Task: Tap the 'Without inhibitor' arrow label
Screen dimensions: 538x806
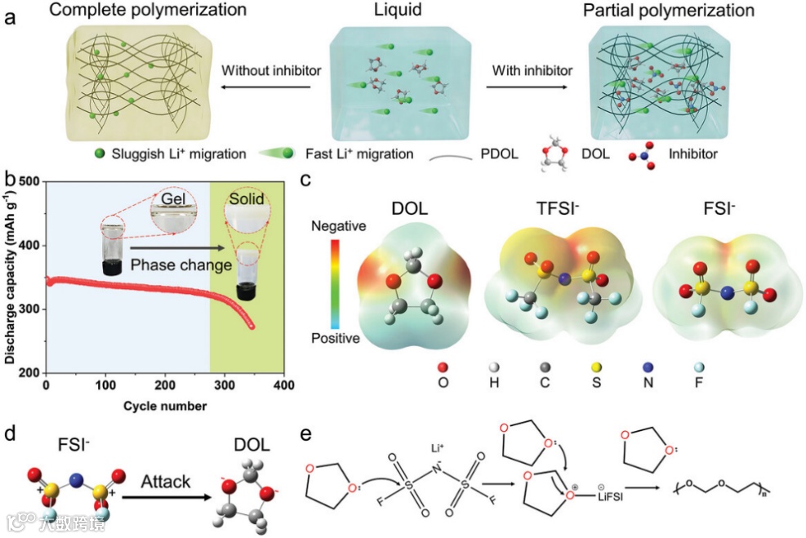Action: [271, 70]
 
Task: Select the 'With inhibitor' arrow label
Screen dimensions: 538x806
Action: [532, 70]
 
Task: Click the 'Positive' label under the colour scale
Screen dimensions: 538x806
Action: [336, 337]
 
